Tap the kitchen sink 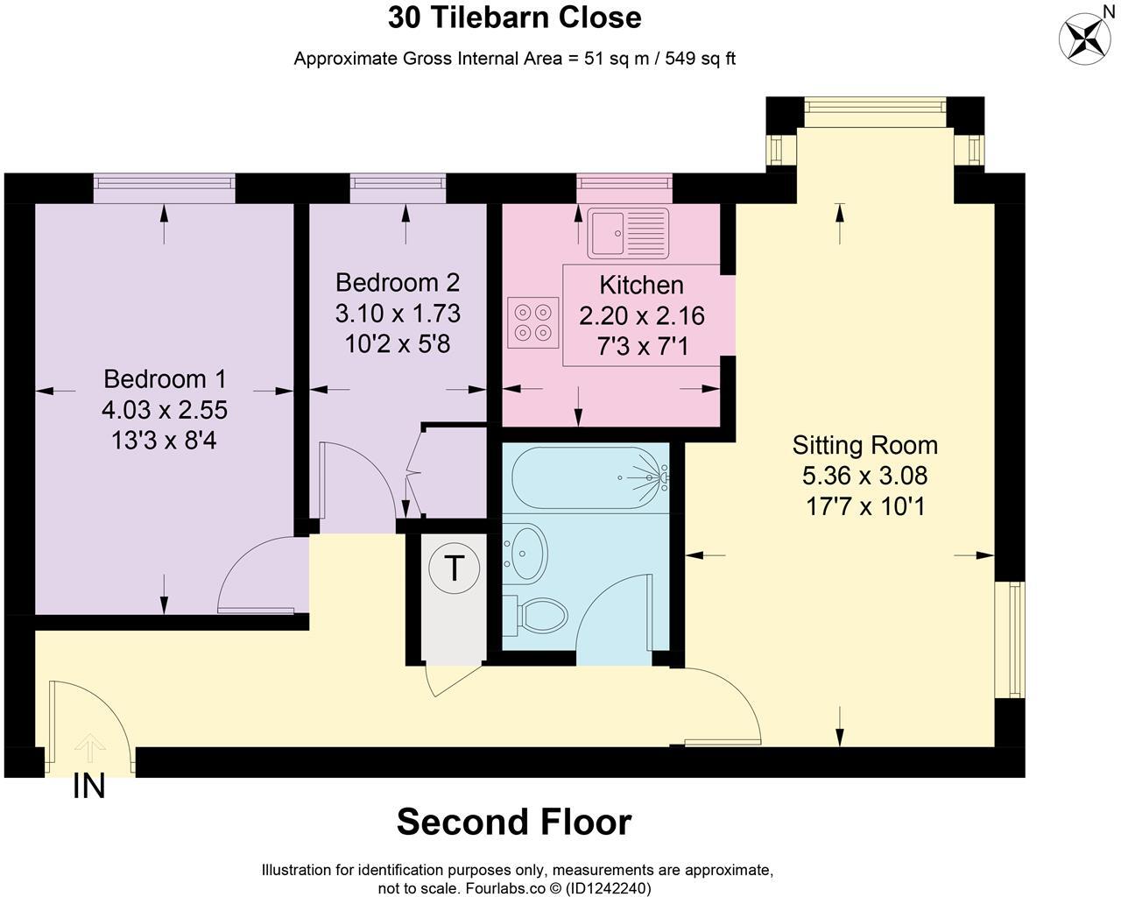click(x=628, y=233)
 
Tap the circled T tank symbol click(x=454, y=568)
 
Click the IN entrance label click(x=88, y=787)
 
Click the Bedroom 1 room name click(x=165, y=379)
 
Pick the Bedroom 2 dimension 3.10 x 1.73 click(x=398, y=313)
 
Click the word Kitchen click(x=641, y=286)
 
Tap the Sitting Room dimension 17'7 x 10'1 click(x=864, y=506)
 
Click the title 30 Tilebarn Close click(x=514, y=18)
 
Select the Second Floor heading click(x=514, y=822)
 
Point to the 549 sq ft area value click(x=701, y=60)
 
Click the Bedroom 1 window click(x=165, y=183)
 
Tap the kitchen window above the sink click(x=624, y=183)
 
